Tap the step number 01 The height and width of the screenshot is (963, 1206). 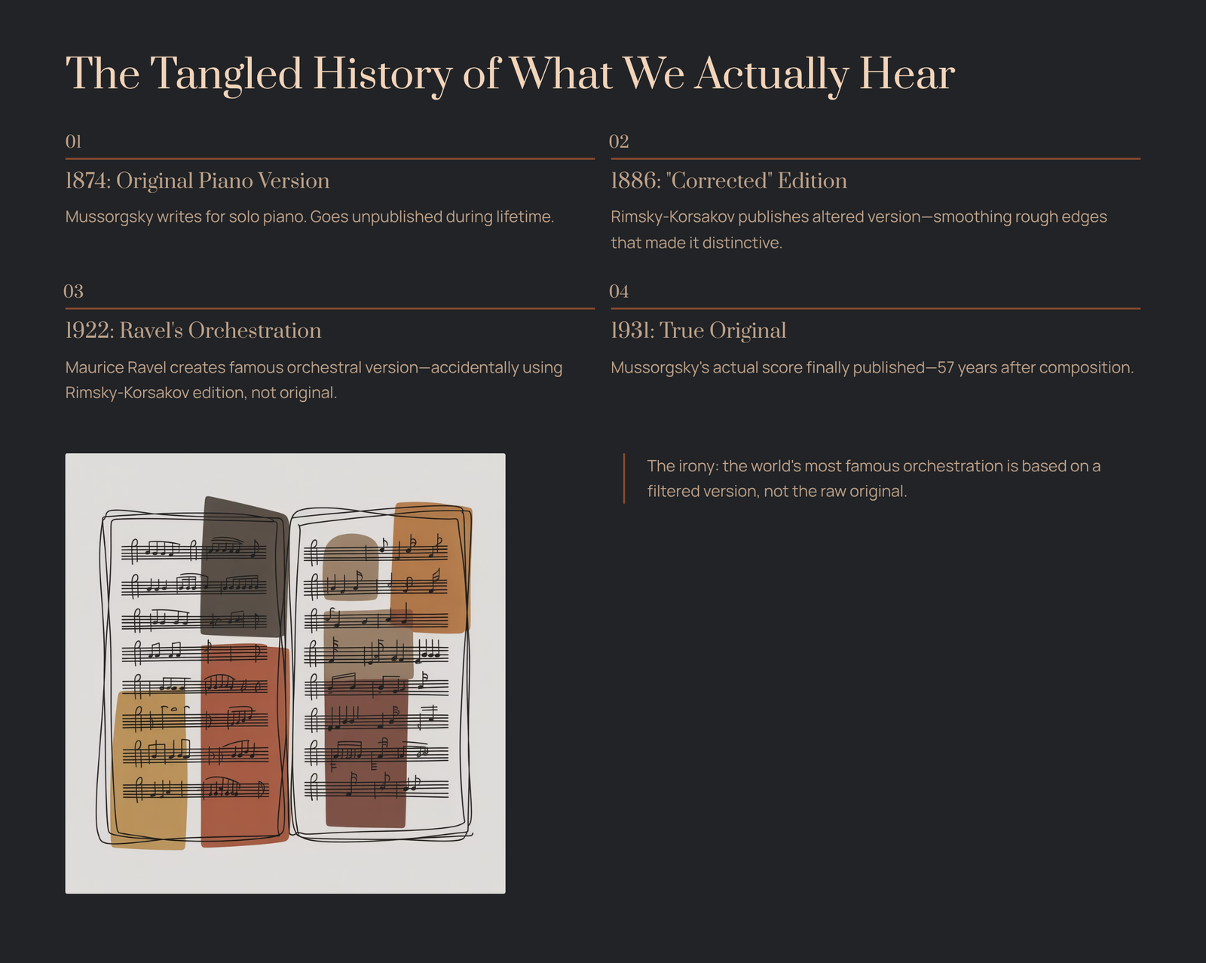coord(73,141)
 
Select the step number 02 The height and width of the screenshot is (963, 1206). coord(619,141)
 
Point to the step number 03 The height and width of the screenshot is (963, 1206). coord(73,291)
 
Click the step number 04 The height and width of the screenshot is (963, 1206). coord(619,291)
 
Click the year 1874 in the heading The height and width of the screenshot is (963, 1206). coord(88,180)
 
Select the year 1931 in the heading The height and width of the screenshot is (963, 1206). coord(632,330)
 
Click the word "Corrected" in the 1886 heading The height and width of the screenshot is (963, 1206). coord(719,180)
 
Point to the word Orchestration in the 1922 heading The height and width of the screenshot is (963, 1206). coord(255,330)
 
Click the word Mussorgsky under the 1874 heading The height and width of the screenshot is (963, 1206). coord(109,216)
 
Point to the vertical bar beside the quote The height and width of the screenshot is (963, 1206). coord(624,478)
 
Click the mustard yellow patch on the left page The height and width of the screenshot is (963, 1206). coord(149,771)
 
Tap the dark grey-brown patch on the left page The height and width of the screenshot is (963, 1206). coord(243,566)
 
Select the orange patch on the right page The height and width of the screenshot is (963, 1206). coord(431,566)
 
